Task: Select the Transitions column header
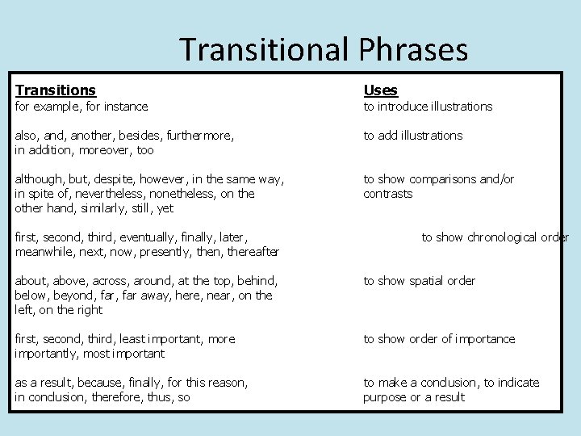(55, 90)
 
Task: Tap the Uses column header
(380, 90)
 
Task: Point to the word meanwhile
(44, 252)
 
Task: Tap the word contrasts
(387, 194)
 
